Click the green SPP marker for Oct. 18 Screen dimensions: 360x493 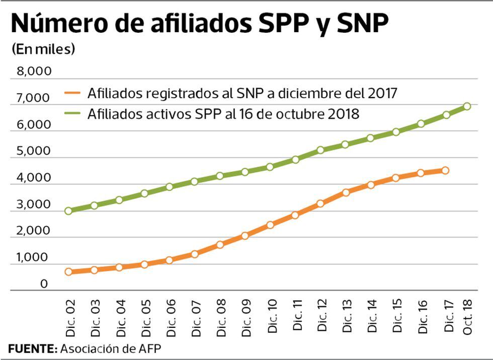coord(467,106)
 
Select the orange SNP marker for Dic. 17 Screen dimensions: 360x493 coord(445,171)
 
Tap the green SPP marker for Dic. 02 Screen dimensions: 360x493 coord(68,211)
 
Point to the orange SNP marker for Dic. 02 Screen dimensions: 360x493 coord(68,272)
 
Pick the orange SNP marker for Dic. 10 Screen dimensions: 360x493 coord(270,225)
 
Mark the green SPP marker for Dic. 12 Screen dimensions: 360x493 coord(320,150)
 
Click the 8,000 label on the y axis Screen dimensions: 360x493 coord(34,71)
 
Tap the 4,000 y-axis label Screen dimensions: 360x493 coord(34,178)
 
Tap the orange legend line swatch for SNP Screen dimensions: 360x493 coord(72,93)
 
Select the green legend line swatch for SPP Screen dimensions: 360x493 coord(72,114)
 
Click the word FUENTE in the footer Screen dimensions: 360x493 coord(32,348)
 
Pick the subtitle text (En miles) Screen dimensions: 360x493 coord(43,49)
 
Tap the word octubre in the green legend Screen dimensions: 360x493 coord(296,114)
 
